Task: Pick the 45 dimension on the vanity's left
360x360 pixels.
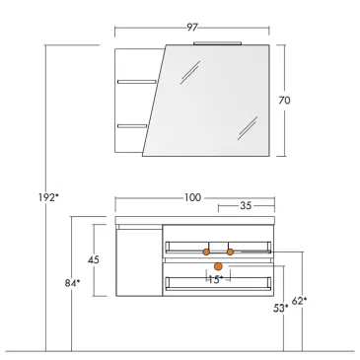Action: click(92, 260)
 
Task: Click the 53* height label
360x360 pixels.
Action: click(280, 309)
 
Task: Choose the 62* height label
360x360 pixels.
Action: click(300, 300)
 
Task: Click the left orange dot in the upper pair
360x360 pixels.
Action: click(207, 252)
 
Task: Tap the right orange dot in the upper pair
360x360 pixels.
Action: click(230, 252)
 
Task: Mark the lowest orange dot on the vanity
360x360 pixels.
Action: click(218, 266)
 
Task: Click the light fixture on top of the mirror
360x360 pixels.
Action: click(217, 43)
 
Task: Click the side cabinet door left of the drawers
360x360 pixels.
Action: click(138, 260)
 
